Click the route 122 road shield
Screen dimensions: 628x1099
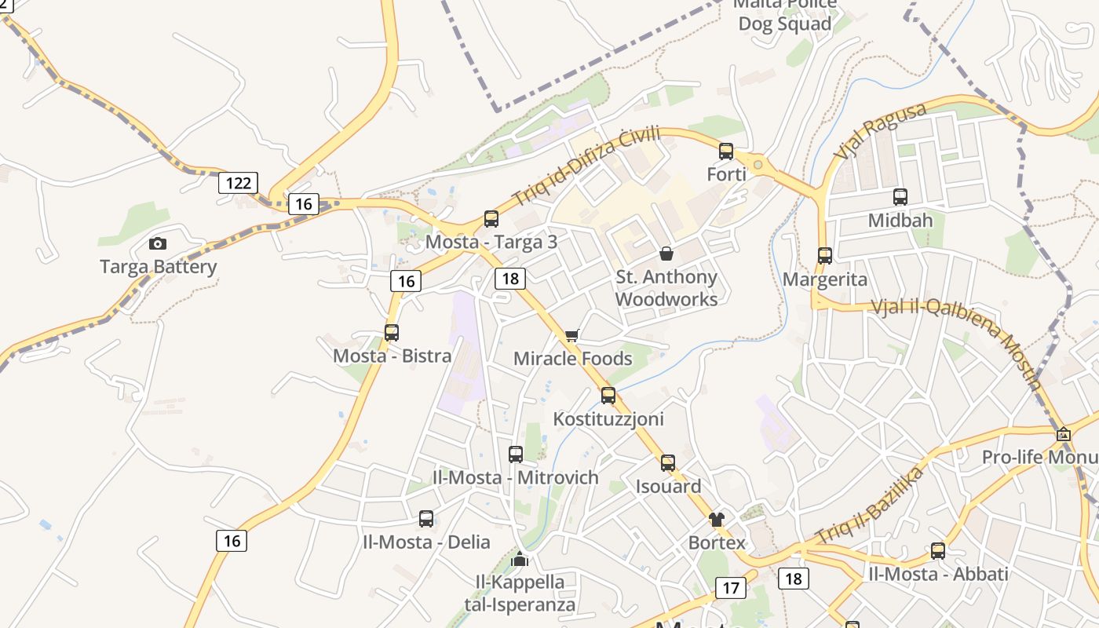(x=238, y=184)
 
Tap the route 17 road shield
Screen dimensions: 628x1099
(x=731, y=588)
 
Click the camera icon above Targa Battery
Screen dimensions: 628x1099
(x=158, y=243)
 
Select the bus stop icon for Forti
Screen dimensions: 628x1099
(x=726, y=152)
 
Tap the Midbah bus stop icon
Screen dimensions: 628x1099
(x=900, y=197)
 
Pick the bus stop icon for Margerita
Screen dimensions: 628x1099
(x=825, y=256)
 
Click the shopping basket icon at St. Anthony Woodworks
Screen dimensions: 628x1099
(x=666, y=254)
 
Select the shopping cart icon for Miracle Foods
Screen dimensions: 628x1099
(x=572, y=336)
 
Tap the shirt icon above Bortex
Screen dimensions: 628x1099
(x=717, y=520)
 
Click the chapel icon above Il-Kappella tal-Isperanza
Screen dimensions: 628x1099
(x=520, y=560)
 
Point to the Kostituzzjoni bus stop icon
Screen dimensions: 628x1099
(x=608, y=396)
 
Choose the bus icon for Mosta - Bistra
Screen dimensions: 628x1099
(x=392, y=333)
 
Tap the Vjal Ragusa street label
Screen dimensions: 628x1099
(x=880, y=131)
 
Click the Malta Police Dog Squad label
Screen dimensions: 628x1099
(x=784, y=16)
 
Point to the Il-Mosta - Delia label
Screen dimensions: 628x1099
(x=426, y=542)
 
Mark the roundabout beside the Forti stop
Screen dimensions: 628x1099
(x=758, y=165)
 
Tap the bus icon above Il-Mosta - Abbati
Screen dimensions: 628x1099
(x=938, y=551)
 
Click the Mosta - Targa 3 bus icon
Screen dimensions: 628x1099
(x=491, y=219)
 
